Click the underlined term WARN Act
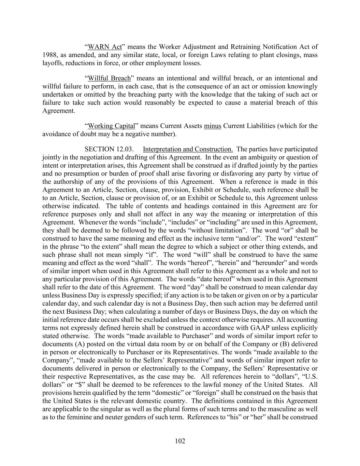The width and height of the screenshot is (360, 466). (105, 47)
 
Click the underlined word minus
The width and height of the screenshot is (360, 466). (213, 126)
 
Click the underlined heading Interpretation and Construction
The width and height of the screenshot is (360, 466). (188, 149)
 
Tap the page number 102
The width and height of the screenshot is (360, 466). (180, 441)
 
